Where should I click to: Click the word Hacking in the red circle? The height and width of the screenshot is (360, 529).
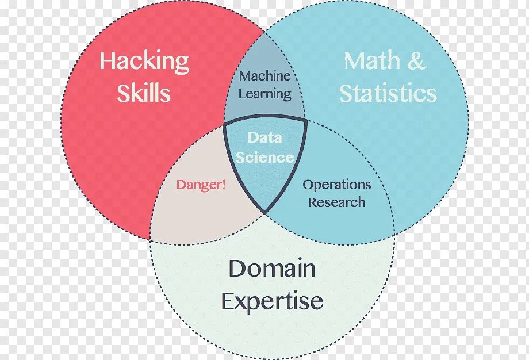coord(144,62)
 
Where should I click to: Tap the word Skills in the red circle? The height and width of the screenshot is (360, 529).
coord(144,93)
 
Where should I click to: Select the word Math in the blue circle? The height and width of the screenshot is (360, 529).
coord(373,62)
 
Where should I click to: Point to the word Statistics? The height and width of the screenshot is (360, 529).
coord(388,93)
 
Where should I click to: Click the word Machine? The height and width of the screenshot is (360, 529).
coord(264,76)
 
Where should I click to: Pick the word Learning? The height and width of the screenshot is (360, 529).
coord(264,94)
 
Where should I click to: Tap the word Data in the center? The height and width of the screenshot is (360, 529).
coord(264,137)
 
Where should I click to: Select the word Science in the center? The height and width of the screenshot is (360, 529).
coord(264,157)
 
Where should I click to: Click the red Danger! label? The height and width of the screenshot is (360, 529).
coord(201,185)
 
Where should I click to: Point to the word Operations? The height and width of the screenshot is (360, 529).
coord(337,185)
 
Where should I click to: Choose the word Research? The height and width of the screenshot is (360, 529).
coord(336,202)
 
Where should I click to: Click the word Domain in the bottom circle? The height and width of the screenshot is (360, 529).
coord(272,268)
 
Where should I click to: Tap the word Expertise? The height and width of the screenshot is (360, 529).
coord(272,301)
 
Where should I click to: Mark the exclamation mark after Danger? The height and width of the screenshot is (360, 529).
coord(224,185)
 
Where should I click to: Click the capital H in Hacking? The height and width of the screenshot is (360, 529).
coord(107,61)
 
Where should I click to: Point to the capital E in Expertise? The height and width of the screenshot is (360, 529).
coord(228,301)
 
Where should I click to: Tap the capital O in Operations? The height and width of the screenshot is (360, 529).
coord(308,185)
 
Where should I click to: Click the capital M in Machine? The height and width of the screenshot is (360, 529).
coord(244,76)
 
